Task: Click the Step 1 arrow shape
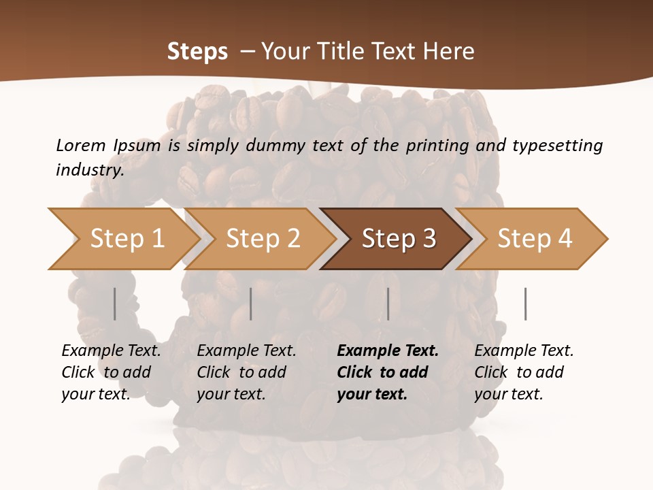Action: tap(126, 239)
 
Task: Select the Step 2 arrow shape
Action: tap(262, 239)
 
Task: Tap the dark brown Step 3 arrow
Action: tap(398, 239)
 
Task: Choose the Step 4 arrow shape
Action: tap(534, 239)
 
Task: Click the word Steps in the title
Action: tap(197, 52)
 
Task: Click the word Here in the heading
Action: tap(449, 52)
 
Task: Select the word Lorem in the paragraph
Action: tap(81, 145)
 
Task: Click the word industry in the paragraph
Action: tap(88, 169)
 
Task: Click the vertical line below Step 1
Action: tap(114, 304)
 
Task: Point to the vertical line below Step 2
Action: tap(251, 304)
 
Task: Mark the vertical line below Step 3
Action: tap(388, 304)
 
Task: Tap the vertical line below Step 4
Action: tap(525, 304)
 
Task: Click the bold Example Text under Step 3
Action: tap(388, 351)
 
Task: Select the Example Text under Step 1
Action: tap(111, 351)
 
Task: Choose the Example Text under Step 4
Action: tap(524, 351)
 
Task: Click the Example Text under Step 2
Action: tap(246, 351)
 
